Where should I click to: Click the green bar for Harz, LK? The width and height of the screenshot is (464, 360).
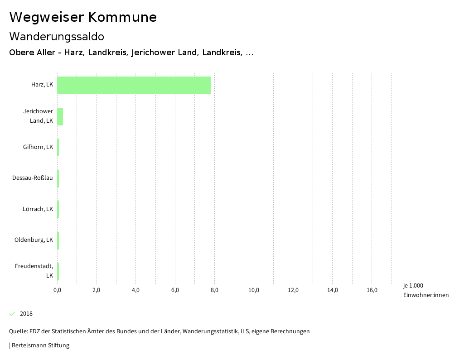pyautogui.click(x=134, y=85)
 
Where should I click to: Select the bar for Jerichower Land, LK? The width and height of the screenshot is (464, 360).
pyautogui.click(x=60, y=116)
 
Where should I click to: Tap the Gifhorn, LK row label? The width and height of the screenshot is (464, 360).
pyautogui.click(x=38, y=147)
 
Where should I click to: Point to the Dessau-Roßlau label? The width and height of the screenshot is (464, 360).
pyautogui.click(x=33, y=178)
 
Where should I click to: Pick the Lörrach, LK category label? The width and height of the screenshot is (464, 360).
pyautogui.click(x=38, y=209)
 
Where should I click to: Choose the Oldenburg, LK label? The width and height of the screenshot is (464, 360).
pyautogui.click(x=34, y=240)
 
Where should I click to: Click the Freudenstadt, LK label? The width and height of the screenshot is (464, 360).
pyautogui.click(x=34, y=271)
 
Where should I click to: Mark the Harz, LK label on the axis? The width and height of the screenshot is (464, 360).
pyautogui.click(x=42, y=85)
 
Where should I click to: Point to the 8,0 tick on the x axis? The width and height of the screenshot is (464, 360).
pyautogui.click(x=214, y=290)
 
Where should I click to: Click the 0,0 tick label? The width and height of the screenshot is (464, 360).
pyautogui.click(x=57, y=290)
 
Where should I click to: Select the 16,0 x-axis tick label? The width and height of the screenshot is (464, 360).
pyautogui.click(x=372, y=290)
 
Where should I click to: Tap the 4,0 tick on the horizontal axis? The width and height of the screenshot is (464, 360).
pyautogui.click(x=135, y=290)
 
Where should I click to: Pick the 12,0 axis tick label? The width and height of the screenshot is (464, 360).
pyautogui.click(x=293, y=290)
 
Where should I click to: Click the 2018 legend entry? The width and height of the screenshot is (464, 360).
pyautogui.click(x=26, y=314)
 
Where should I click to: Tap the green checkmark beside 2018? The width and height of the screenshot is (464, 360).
pyautogui.click(x=12, y=314)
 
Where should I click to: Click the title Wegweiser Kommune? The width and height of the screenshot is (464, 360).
pyautogui.click(x=83, y=17)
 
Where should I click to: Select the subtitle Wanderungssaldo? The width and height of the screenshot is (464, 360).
pyautogui.click(x=57, y=36)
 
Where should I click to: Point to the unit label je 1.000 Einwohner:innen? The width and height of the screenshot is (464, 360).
pyautogui.click(x=425, y=290)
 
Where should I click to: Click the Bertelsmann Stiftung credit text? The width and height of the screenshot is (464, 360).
pyautogui.click(x=40, y=346)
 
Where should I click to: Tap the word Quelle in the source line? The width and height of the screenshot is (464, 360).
pyautogui.click(x=18, y=331)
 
